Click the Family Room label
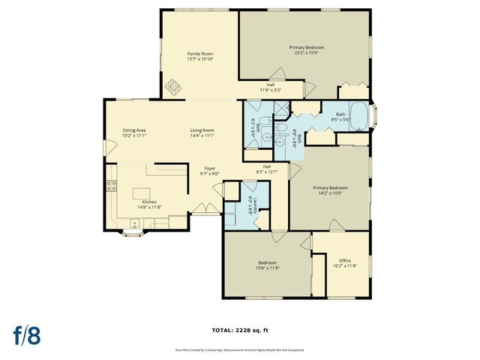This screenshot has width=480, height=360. [x=200, y=53]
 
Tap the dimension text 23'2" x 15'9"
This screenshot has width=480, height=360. [x=306, y=52]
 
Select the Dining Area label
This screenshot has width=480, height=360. [x=134, y=130]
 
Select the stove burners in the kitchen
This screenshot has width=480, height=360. [x=112, y=185]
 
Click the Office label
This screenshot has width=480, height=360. [x=345, y=260]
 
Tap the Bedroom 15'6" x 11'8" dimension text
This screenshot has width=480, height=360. [x=267, y=268]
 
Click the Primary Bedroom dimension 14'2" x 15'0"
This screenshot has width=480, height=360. [x=330, y=193]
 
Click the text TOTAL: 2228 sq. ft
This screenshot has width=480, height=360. [x=240, y=329]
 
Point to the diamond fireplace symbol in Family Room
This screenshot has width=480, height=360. [x=173, y=87]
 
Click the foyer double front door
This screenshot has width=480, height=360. [x=201, y=208]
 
